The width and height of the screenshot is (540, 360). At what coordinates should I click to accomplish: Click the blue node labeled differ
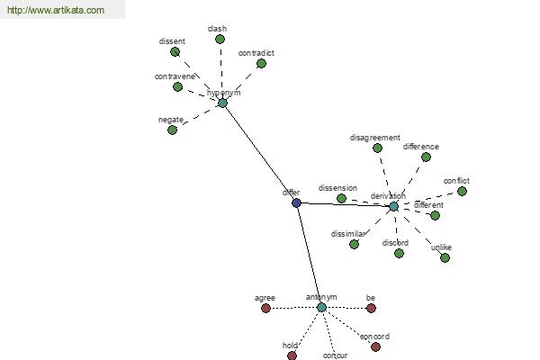coord(296,202)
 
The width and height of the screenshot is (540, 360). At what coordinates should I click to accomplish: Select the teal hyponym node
coord(223,103)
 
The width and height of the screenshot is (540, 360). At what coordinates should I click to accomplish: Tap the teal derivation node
coord(393,207)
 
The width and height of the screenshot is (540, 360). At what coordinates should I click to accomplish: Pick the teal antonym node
coord(321,307)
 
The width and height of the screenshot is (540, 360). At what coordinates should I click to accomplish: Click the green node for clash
coord(220,40)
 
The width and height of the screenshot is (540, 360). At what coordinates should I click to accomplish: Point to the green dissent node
coord(175,52)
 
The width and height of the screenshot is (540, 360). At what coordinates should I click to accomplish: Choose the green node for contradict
coord(261,63)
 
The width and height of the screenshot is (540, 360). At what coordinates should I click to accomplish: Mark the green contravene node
coord(177,86)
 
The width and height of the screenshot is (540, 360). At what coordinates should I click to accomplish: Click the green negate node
coord(172,130)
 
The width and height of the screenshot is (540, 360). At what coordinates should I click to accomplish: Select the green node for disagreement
coord(377,148)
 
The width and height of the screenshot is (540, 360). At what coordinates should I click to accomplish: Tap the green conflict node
coord(463,191)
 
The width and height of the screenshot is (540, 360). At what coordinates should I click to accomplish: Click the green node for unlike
coord(445,257)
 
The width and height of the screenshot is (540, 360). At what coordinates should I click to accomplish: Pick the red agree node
coord(265,309)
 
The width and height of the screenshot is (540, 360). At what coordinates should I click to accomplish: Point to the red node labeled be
coord(371,309)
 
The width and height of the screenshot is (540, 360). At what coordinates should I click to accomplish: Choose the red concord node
coord(375,346)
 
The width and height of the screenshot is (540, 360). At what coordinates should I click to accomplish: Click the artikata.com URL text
coord(56,10)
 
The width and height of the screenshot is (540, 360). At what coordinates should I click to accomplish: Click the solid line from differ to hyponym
coord(260,153)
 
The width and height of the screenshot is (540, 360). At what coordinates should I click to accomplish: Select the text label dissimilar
coord(347,234)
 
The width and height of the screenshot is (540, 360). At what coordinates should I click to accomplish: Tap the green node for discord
coord(399,254)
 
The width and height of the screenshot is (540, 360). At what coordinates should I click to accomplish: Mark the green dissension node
coord(341,198)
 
